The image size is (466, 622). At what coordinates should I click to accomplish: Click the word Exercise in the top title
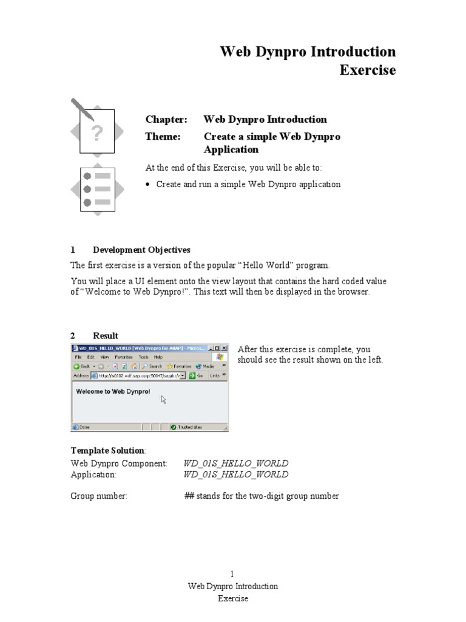pos(367,70)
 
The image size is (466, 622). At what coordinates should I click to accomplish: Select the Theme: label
pos(163,137)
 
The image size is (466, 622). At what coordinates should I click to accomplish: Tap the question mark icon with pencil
pos(97,130)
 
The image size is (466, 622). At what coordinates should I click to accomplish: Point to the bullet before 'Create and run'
pos(149,185)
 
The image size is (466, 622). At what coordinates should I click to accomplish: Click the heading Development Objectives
pos(141,250)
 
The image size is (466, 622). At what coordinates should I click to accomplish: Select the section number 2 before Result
pos(73,336)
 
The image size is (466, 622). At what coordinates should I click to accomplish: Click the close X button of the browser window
pos(225,348)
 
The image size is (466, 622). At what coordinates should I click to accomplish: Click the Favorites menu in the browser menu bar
pos(123,357)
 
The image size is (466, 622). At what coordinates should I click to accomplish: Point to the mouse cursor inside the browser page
pos(163,399)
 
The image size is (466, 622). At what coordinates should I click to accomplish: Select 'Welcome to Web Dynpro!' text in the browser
pos(112,392)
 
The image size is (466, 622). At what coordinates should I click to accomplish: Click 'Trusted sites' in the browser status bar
pos(191,427)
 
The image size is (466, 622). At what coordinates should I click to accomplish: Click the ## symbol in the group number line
pos(189,496)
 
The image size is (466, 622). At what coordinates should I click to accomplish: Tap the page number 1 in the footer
pos(232,574)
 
